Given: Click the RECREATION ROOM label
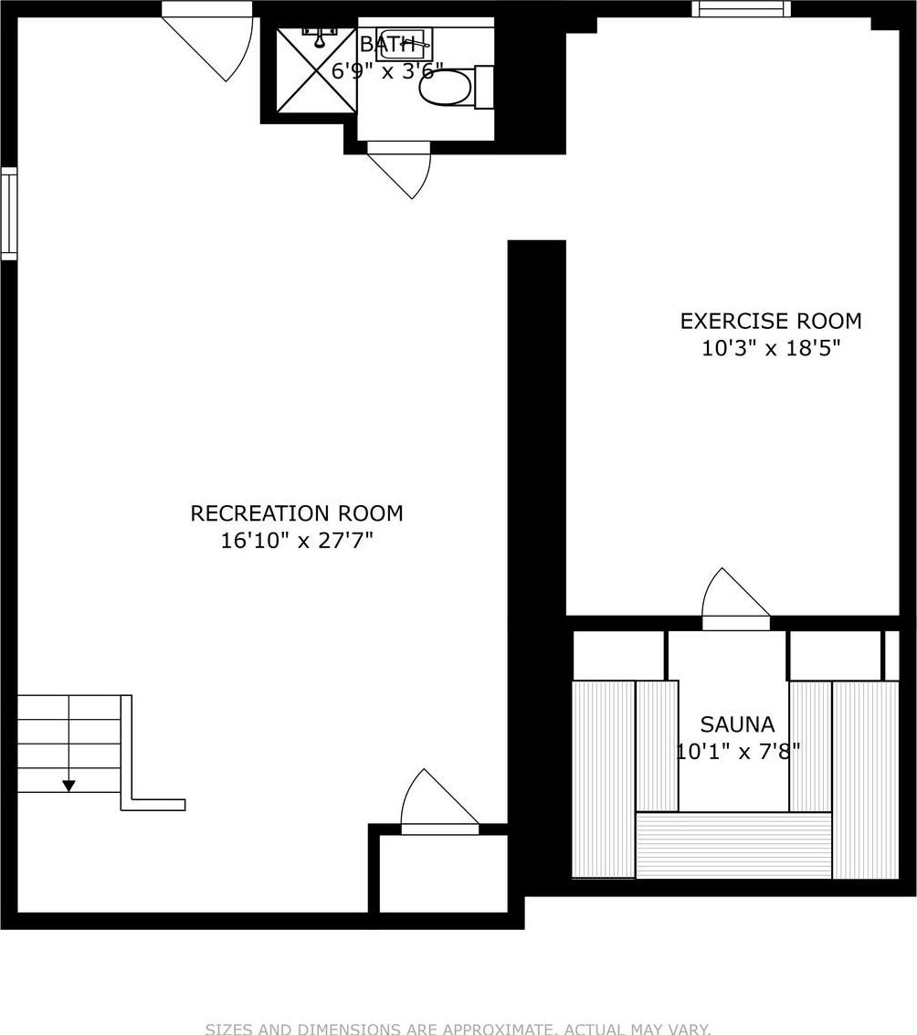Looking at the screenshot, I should (x=296, y=513).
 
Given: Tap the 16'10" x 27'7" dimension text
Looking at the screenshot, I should (x=296, y=541).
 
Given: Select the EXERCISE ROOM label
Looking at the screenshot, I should (x=770, y=322).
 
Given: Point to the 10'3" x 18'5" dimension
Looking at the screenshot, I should (x=770, y=348).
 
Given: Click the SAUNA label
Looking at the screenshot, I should (x=737, y=724).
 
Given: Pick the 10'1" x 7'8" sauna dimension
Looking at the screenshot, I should (x=737, y=751).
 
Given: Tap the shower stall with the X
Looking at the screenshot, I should (x=316, y=69).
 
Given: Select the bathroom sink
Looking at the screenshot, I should (x=403, y=44).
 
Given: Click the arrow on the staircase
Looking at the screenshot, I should (x=69, y=784).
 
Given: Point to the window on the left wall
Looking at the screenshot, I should (x=8, y=213).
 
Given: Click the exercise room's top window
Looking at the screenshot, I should (x=741, y=9).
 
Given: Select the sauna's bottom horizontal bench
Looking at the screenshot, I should (x=733, y=845).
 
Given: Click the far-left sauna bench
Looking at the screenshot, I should (x=603, y=778).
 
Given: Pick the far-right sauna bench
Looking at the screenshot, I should (x=865, y=778).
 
